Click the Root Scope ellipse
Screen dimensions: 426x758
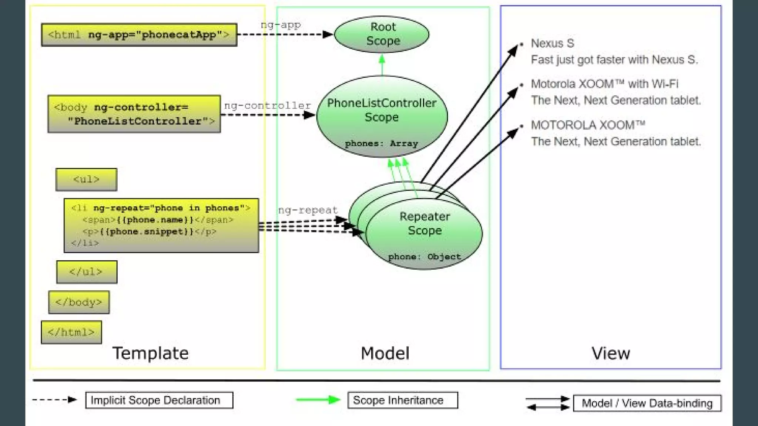coord(382,34)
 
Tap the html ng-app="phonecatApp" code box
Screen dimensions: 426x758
coord(139,35)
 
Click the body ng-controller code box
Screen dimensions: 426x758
coord(134,114)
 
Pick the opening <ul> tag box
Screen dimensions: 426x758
coord(86,179)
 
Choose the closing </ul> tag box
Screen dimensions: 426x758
coord(87,272)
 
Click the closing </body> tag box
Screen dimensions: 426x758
coord(79,302)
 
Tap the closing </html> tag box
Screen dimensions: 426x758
coord(71,332)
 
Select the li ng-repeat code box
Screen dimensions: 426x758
coord(161,226)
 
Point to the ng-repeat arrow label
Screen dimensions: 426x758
coord(308,210)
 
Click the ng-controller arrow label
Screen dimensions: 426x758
coord(268,105)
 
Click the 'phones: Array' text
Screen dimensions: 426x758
coord(381,143)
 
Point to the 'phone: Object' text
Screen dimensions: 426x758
coord(425,257)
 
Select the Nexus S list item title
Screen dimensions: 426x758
coord(553,43)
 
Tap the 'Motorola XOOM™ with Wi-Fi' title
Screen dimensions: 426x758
coord(604,84)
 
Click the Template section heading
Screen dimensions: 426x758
coord(150,353)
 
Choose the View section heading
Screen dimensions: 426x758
coord(611,353)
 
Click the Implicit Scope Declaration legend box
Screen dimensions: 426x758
coord(159,400)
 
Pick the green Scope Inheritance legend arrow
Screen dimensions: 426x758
coord(318,400)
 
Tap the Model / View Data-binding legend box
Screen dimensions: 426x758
coord(647,403)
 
